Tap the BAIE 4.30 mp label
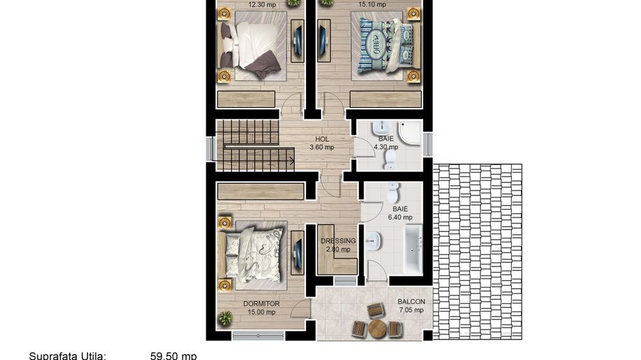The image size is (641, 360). coord(386,142)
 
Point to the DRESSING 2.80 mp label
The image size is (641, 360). coord(338,245)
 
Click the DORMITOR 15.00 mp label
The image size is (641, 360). coord(261,308)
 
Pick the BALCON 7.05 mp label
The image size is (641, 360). coord(411,305)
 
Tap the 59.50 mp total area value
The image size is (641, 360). coord(173,356)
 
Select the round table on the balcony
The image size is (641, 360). coord(377,329)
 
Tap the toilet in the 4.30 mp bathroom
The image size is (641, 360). coord(390,159)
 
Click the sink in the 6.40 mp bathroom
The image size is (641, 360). coord(374,241)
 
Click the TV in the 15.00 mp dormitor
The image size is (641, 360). coord(297,251)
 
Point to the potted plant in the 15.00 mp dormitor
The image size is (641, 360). coord(226,318)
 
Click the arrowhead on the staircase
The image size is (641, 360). coord(292,161)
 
